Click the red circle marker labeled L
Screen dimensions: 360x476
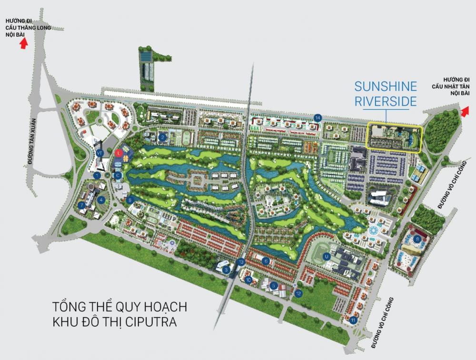(119, 153)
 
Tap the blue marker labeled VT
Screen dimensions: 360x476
(99, 153)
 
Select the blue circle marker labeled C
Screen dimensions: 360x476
(118, 175)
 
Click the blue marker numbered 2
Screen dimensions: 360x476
(163, 138)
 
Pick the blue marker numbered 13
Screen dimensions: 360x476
(241, 262)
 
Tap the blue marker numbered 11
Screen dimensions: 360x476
(353, 320)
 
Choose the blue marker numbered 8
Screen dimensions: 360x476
(417, 239)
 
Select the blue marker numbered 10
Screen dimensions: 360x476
(248, 280)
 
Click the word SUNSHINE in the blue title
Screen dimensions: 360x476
(386, 87)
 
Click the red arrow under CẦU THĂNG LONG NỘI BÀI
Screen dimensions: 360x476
(23, 43)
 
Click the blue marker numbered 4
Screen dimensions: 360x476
(101, 200)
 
